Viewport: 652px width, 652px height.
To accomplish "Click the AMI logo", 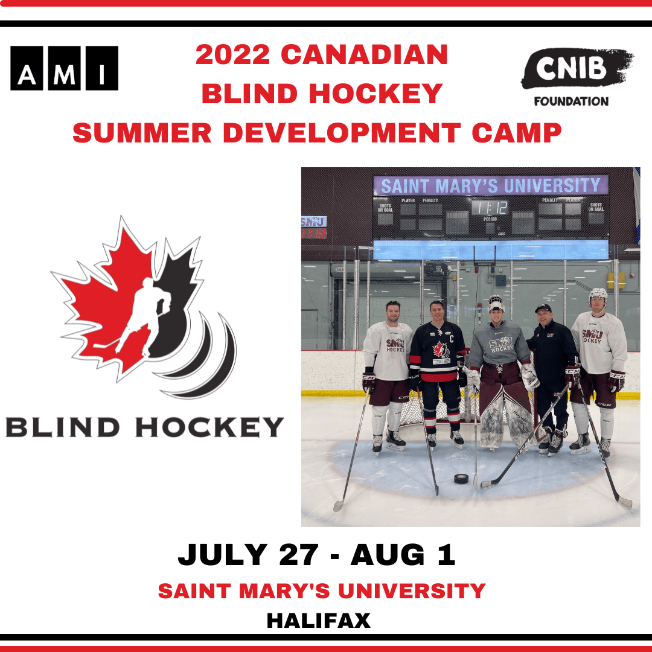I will [x=65, y=68].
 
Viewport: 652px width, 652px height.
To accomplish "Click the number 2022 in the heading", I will [x=233, y=56].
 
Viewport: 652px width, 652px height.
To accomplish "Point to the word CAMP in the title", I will [x=517, y=133].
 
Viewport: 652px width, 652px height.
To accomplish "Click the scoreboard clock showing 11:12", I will [x=490, y=208].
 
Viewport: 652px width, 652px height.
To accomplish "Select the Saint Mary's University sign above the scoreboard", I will [x=490, y=185].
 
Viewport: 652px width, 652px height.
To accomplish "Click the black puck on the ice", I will [x=462, y=478].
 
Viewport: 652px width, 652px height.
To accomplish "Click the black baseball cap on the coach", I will [x=543, y=308].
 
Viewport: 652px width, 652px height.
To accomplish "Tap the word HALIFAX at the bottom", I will [x=318, y=621].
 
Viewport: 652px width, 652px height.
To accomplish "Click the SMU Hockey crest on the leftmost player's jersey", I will [x=395, y=345].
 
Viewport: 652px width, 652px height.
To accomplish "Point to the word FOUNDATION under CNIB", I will [x=570, y=101].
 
